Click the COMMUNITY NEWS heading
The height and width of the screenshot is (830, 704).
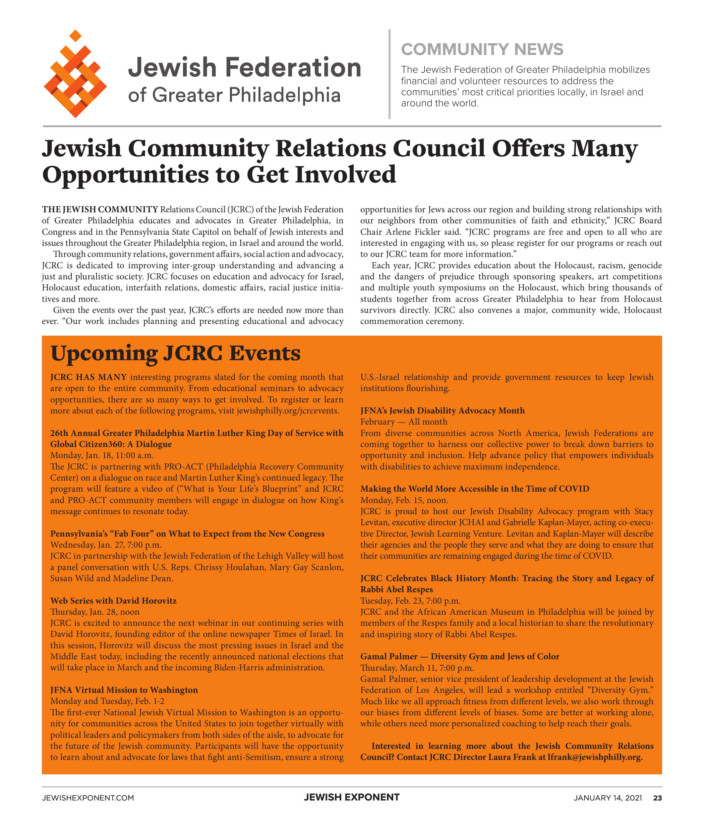click(482, 50)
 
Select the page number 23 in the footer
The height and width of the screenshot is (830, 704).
click(657, 798)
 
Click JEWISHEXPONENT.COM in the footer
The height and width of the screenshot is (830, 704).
click(88, 798)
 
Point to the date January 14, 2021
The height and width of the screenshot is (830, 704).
click(607, 798)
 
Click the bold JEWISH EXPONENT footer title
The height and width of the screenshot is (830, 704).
click(352, 797)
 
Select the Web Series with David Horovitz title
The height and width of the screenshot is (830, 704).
click(113, 600)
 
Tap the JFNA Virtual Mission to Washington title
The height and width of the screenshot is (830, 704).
click(124, 690)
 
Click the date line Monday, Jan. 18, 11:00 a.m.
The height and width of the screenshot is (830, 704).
click(102, 455)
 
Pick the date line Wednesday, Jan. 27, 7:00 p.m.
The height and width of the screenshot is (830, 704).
click(106, 545)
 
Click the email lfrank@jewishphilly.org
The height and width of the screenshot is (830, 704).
click(595, 757)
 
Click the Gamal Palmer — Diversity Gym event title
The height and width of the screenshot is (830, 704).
click(460, 656)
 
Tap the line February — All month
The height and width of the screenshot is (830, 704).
click(404, 422)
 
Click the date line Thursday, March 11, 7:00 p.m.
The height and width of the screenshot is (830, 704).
click(417, 667)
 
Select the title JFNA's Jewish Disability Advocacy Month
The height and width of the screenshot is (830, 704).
click(442, 410)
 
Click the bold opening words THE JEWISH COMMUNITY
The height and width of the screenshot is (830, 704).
click(100, 209)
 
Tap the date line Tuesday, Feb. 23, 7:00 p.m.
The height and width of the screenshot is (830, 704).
click(410, 600)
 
